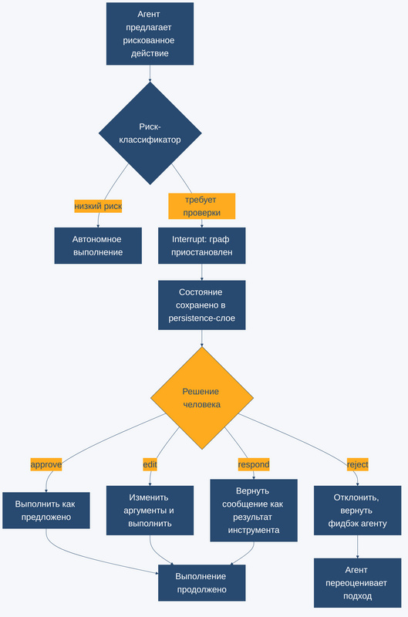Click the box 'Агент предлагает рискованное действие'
(x=150, y=34)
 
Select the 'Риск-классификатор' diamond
(x=150, y=133)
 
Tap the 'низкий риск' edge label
(x=98, y=206)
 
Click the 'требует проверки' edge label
(x=202, y=206)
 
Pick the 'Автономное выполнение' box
(x=98, y=245)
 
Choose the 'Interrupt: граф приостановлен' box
(x=202, y=245)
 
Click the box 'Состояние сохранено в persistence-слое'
(x=202, y=305)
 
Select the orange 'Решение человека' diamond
(x=202, y=398)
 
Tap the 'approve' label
(x=46, y=465)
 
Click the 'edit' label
(x=150, y=465)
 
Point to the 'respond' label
(x=254, y=465)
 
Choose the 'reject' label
(x=358, y=465)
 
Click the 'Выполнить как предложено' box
(x=46, y=511)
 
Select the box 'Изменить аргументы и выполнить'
(x=150, y=511)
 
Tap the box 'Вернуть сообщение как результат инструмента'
(x=254, y=511)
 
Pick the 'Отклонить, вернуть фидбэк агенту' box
(x=358, y=511)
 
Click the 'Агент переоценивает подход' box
(x=358, y=583)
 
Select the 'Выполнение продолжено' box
(x=202, y=583)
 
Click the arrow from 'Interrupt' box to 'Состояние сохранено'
(x=202, y=272)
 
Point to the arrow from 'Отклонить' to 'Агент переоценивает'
(x=358, y=547)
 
